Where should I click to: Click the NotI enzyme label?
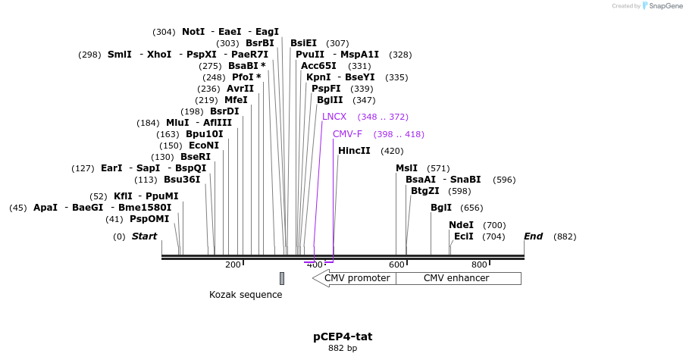coord(193,32)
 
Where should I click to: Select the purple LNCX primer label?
coord(334,117)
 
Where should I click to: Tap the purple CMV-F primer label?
coord(347,134)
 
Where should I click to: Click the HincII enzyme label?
coord(354,151)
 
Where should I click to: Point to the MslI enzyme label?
coord(406,168)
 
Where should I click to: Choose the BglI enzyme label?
coord(440,208)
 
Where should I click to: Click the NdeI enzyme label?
coord(461,225)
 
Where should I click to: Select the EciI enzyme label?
coord(463,236)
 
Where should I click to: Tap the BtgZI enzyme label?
coord(424,191)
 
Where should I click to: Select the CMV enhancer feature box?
coord(456,278)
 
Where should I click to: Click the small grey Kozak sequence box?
coord(282,278)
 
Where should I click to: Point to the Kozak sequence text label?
coord(246,295)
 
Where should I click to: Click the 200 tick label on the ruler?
coord(233,265)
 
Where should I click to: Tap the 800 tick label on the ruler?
coord(479,265)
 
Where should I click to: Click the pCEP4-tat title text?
coord(343,337)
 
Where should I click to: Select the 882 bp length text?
coord(343,349)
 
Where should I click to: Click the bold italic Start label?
coord(144,236)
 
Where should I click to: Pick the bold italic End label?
coord(533,236)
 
